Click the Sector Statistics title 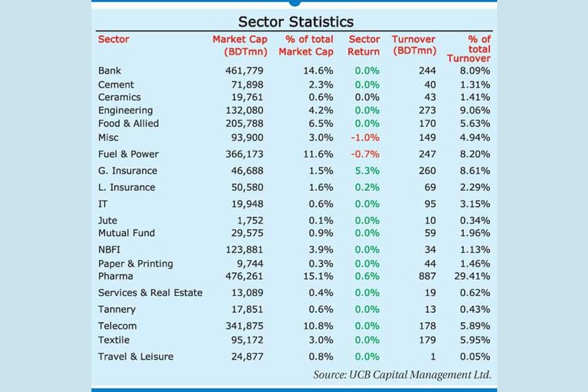point(295,22)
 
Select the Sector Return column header point(364,46)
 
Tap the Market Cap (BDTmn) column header point(240,46)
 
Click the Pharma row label point(116,276)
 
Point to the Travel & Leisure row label point(136,357)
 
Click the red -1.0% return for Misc point(365,137)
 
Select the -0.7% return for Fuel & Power point(365,154)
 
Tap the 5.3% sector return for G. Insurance point(367,171)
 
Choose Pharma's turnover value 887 point(427,276)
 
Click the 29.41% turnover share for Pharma point(474,276)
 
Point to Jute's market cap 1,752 point(254,221)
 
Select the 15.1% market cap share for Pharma point(319,276)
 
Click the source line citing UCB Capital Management point(402,375)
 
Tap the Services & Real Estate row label point(150,293)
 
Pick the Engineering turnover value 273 point(427,110)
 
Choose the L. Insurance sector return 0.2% point(367,188)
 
